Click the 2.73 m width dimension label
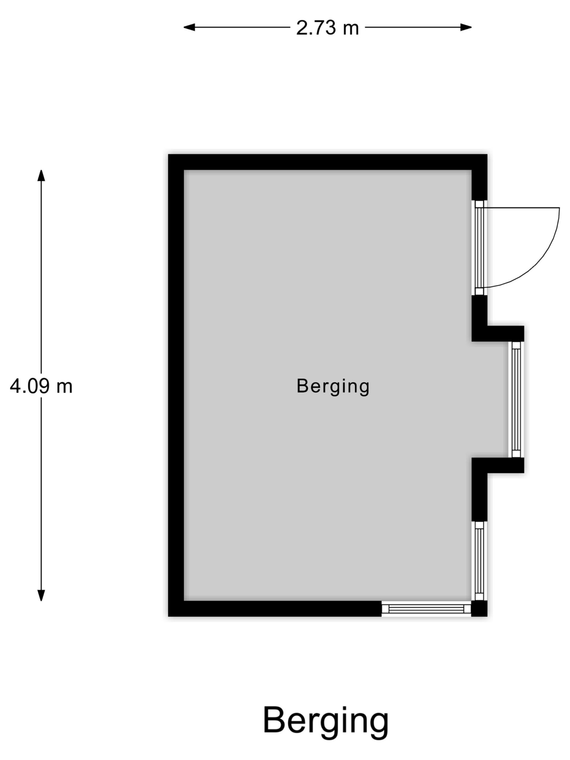(327, 28)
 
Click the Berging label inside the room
(332, 386)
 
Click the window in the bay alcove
(516, 399)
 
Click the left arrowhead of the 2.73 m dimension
(189, 28)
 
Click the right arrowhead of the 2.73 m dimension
(466, 28)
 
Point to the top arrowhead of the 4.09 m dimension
(41, 175)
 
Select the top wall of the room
(327, 162)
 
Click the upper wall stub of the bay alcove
(498, 334)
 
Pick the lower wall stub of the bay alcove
(498, 465)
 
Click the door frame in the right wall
(479, 248)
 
